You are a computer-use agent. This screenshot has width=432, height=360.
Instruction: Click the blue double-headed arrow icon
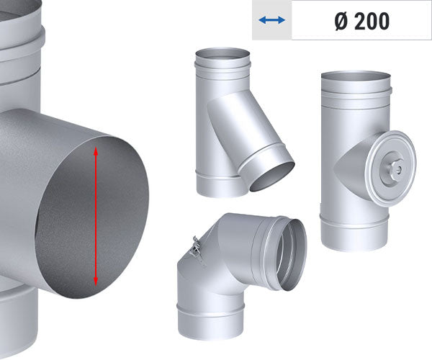(271, 21)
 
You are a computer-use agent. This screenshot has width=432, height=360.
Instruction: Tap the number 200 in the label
(372, 21)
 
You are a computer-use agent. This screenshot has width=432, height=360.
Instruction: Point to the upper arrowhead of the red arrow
(96, 150)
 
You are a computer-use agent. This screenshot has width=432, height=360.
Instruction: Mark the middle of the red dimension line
(96, 216)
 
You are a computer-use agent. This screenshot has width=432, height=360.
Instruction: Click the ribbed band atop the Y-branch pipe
(222, 69)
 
